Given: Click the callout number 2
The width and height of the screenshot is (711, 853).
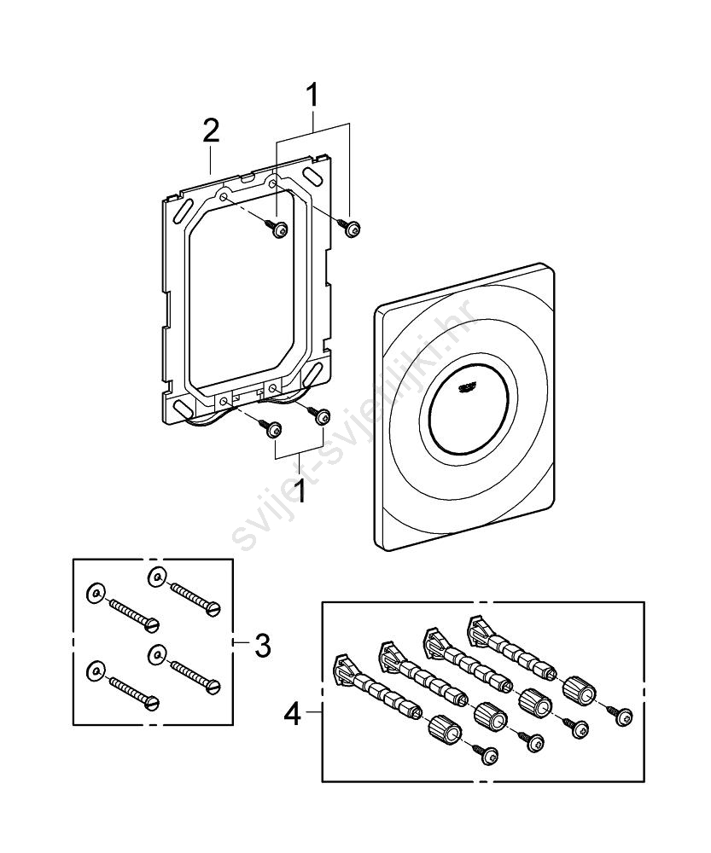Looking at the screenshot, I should (211, 131).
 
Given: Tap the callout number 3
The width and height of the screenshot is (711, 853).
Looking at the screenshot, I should (262, 645).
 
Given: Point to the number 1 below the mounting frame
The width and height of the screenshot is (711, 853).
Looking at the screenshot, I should (299, 492).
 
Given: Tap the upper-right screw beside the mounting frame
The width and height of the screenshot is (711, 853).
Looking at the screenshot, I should (353, 227).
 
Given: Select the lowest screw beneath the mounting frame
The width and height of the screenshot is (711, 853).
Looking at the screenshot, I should (275, 432).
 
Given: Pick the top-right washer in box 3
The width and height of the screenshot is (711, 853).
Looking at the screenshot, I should (156, 574).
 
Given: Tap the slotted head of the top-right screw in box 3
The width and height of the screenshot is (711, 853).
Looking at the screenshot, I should (214, 607).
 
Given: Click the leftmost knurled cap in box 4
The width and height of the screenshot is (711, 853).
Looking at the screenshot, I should (444, 730).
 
